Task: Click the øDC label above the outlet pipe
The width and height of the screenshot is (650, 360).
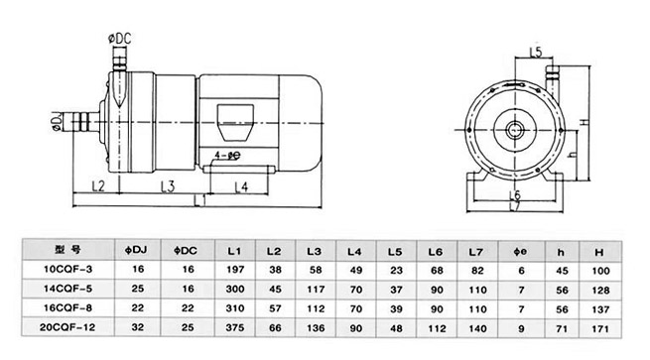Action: coord(120,39)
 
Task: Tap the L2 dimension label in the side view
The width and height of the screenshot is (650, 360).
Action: coord(98,186)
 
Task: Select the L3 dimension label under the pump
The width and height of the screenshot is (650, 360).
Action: coord(168,186)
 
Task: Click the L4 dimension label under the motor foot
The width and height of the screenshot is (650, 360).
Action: coord(241,187)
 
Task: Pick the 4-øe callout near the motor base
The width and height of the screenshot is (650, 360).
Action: coord(227,156)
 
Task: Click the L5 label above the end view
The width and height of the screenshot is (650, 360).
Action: coord(536,53)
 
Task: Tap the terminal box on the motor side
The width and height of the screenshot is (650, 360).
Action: coord(235,123)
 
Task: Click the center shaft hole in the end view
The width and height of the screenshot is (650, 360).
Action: coord(514,130)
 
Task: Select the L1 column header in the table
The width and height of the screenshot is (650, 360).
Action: coord(234,251)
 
